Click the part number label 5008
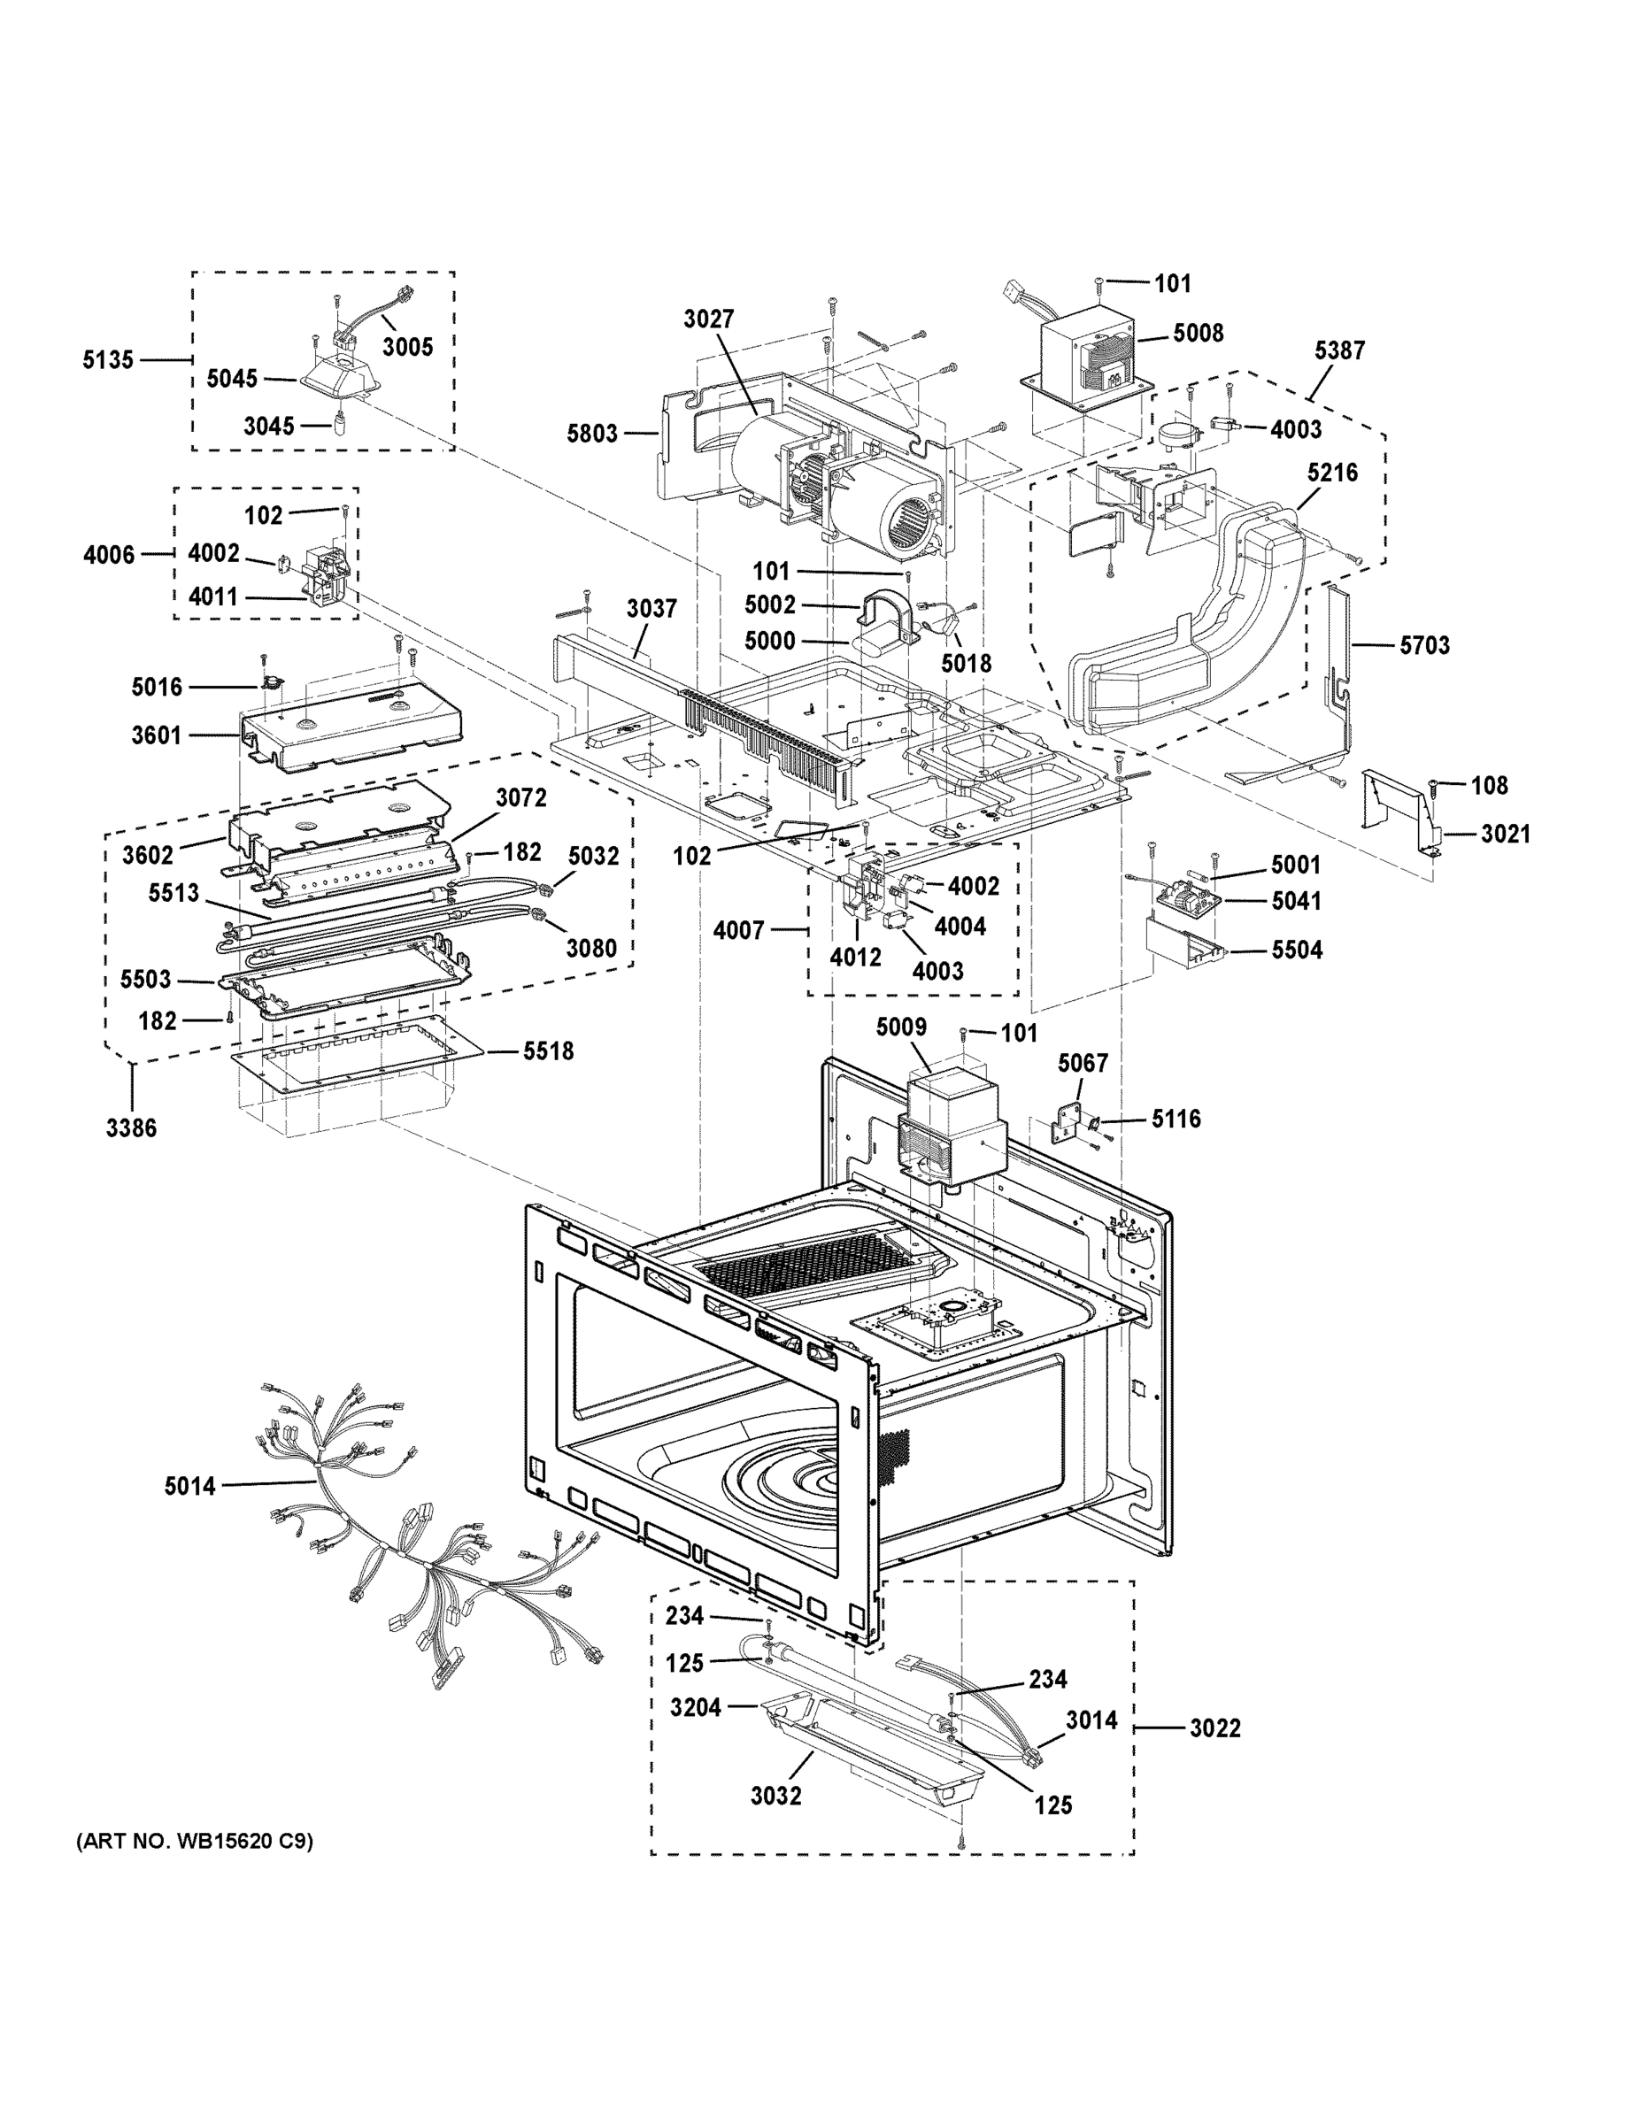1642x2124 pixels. [x=1198, y=333]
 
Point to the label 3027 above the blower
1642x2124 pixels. [x=708, y=319]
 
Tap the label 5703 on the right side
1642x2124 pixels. [x=1424, y=645]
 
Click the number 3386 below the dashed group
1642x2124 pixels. [x=131, y=1127]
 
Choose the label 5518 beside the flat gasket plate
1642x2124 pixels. [x=548, y=1050]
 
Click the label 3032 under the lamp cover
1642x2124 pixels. [x=775, y=1796]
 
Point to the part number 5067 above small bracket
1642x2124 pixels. [x=1083, y=1063]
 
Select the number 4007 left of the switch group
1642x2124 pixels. [x=738, y=931]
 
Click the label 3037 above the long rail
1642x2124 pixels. [x=651, y=609]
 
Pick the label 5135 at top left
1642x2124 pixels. [x=107, y=360]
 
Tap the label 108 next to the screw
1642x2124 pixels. [x=1488, y=785]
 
